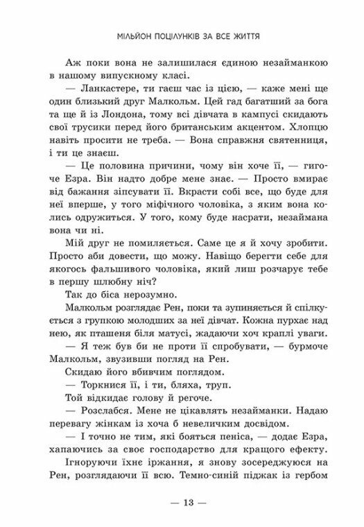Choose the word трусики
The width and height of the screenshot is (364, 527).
coord(97,136)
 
